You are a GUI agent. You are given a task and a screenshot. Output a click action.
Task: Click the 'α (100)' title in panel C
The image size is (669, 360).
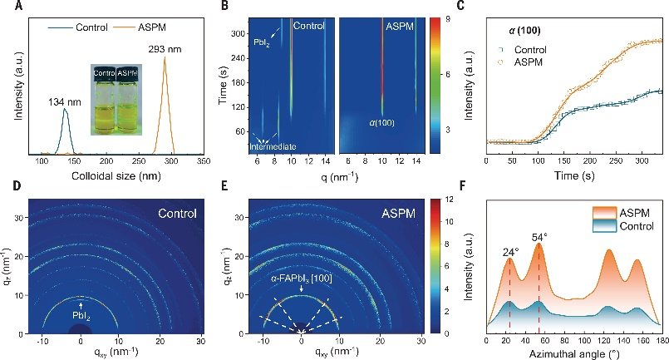pos(525,31)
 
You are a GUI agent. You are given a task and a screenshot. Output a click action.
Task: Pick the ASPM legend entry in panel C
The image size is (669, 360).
pos(529,62)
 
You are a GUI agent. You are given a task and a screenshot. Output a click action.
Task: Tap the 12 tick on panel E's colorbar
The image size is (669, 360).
pos(447,200)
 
